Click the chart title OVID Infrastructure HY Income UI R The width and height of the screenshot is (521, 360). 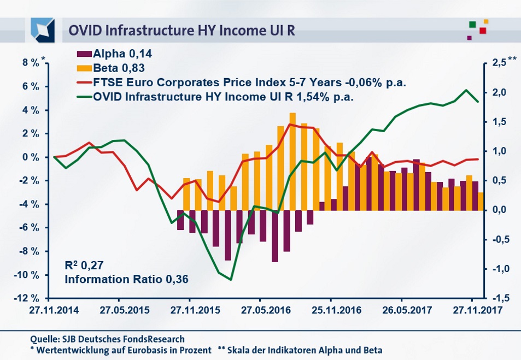click(182, 29)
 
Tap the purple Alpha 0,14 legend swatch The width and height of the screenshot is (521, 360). click(84, 54)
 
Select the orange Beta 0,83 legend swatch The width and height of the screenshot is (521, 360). click(84, 68)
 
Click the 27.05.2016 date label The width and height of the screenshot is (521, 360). click(259, 310)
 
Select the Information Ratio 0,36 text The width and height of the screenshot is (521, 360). click(126, 279)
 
